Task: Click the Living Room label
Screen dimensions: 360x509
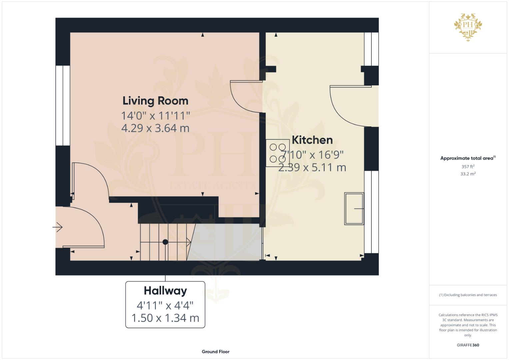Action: point(155,101)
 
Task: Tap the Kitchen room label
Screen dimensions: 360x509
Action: point(312,140)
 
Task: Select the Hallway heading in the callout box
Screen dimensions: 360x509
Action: point(165,291)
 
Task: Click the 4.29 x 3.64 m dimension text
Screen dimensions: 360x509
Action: point(155,128)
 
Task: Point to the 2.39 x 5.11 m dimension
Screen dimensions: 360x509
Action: point(312,167)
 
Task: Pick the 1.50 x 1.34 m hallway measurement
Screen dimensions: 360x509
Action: point(165,318)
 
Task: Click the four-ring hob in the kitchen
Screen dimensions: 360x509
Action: point(277,153)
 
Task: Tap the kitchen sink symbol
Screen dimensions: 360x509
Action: point(354,209)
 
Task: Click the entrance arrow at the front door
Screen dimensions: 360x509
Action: point(58,227)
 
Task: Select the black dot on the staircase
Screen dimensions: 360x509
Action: point(165,242)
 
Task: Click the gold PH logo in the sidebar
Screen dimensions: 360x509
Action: point(468,26)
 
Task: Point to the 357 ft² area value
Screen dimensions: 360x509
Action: point(468,167)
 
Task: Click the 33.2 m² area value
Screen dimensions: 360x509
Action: point(468,174)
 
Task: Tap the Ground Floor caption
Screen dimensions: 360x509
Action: point(215,352)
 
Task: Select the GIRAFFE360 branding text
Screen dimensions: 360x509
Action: point(468,345)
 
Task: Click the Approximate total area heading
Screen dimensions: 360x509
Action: point(467,158)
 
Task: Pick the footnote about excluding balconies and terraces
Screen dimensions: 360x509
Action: point(468,295)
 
